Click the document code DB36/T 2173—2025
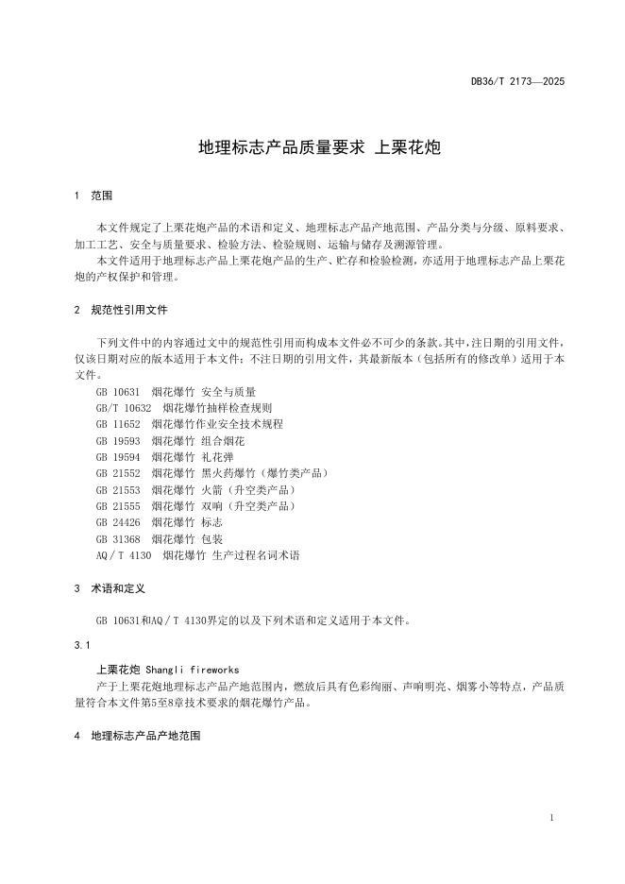pos(517,82)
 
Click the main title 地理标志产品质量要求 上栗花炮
pos(312,147)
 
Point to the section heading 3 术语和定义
pos(109,587)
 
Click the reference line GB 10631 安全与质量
pos(176,391)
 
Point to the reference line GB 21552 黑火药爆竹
pos(211,473)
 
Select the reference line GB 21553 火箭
pos(195,490)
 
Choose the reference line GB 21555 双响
pos(195,506)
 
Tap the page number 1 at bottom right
pos(550,818)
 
